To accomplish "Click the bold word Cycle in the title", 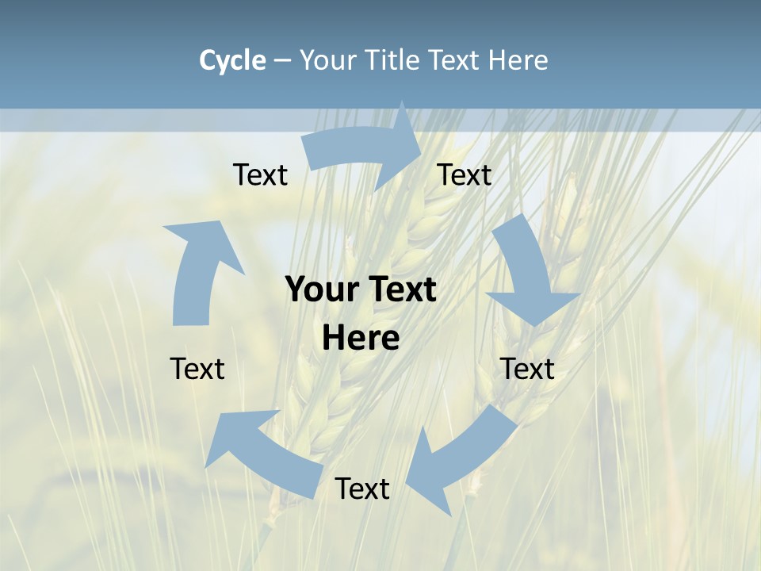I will point(232,60).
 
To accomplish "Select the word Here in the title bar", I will point(517,60).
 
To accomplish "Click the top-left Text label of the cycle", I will point(260,175).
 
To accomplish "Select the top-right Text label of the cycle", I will point(465,175).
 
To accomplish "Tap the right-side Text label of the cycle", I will point(527,369).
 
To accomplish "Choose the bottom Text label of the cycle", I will point(362,489).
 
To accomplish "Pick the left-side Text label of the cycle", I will point(197,369).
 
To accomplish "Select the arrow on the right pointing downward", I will point(527,270).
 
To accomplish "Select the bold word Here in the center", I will point(361,339).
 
